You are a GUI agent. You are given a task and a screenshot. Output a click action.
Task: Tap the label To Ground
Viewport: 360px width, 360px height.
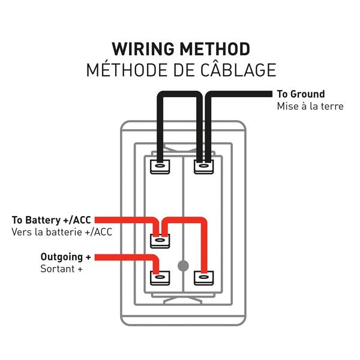click(301, 94)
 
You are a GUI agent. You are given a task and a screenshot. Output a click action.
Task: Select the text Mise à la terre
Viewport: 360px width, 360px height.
click(310, 106)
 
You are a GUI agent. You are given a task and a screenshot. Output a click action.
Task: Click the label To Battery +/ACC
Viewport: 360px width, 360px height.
click(52, 220)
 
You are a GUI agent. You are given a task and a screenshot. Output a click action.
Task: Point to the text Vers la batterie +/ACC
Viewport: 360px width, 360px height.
click(61, 232)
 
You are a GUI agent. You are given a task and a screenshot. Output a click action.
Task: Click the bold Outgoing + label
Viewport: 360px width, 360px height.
click(65, 257)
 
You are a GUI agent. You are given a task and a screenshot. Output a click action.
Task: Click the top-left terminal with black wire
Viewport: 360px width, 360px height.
click(160, 166)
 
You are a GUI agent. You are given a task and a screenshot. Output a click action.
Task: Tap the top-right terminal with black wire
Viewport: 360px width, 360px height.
click(203, 166)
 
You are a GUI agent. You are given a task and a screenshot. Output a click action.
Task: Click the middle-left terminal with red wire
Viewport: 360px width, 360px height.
click(160, 241)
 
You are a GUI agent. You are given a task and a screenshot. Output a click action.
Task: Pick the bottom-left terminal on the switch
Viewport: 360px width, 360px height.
click(160, 278)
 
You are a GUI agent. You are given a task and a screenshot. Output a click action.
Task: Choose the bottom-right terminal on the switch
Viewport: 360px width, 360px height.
click(203, 278)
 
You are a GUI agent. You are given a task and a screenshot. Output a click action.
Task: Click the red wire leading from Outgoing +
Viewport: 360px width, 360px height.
click(126, 257)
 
